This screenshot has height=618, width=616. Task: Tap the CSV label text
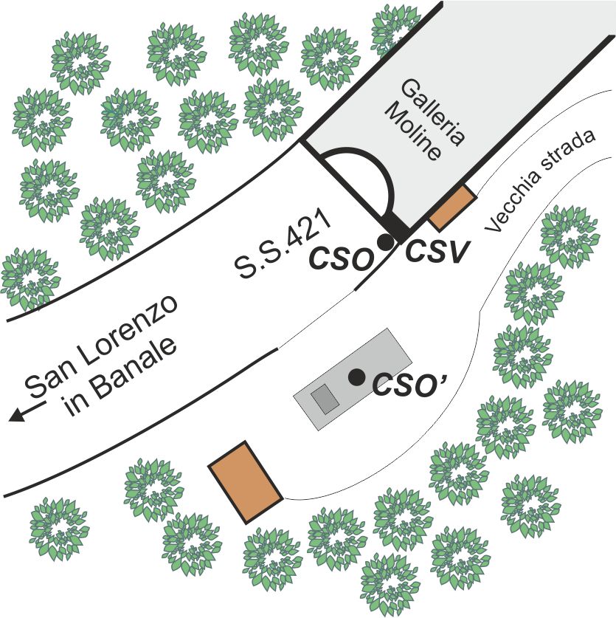(x=437, y=253)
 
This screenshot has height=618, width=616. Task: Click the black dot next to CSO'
(x=357, y=377)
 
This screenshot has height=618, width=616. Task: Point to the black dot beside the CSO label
(x=384, y=241)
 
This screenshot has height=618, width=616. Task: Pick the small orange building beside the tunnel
(x=451, y=207)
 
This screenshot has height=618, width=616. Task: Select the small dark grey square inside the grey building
(x=324, y=399)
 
